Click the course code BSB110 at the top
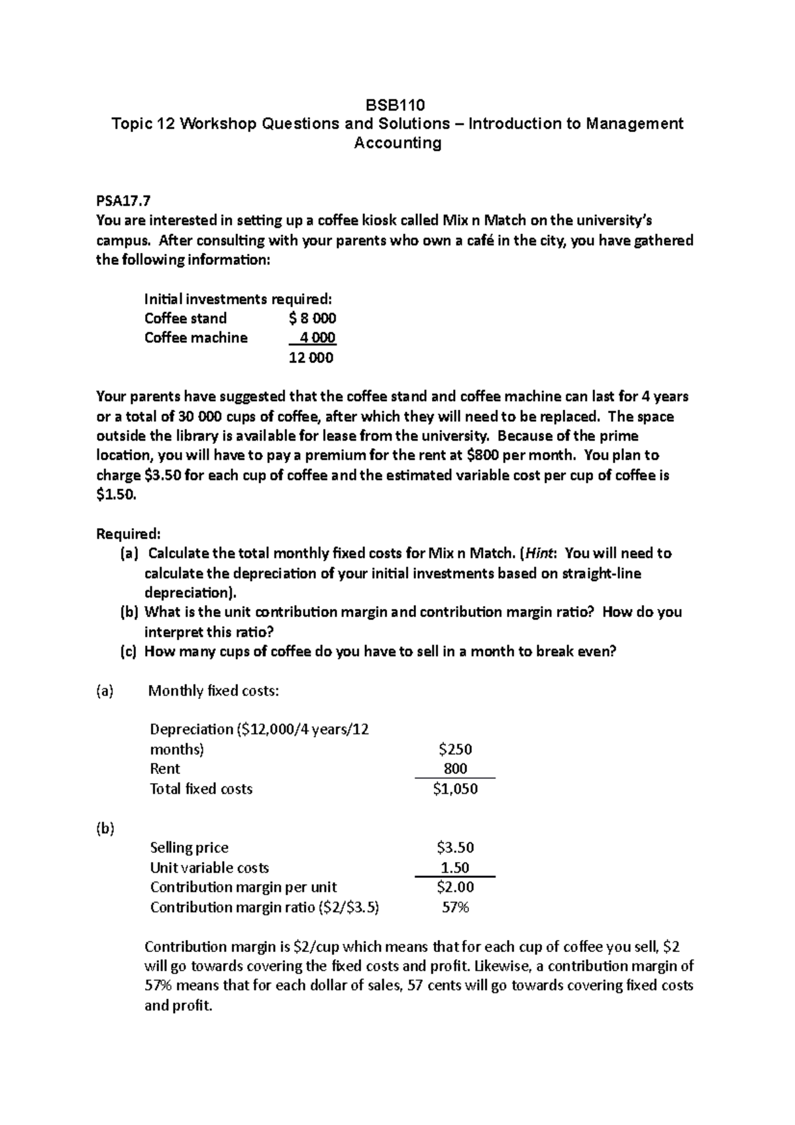[x=396, y=105]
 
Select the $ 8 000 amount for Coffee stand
[x=313, y=318]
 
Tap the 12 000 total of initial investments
[x=311, y=358]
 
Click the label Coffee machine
[x=195, y=338]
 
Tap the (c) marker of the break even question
[x=128, y=651]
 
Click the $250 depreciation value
[x=455, y=749]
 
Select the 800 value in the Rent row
[x=455, y=769]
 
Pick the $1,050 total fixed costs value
[x=455, y=788]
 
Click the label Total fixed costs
[x=201, y=788]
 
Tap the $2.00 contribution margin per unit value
[x=455, y=887]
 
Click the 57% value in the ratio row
[x=455, y=907]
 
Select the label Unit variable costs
[x=209, y=867]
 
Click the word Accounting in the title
[x=397, y=143]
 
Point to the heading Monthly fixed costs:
[x=213, y=691]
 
